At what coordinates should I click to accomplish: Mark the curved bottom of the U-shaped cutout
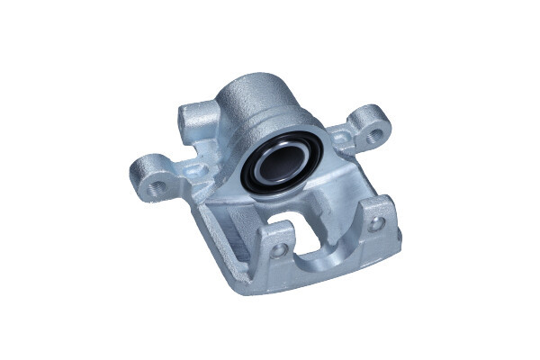tap(317, 256)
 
